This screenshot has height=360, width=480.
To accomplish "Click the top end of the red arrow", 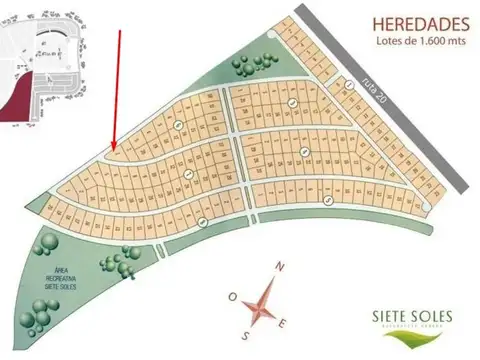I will click(x=121, y=31).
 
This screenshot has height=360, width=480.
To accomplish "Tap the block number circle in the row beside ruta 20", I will click(x=350, y=85).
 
